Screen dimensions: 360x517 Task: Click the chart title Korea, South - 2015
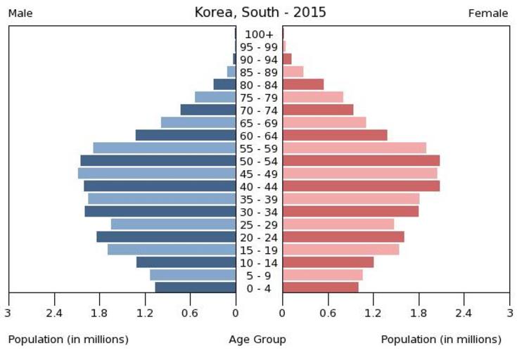pos(260,13)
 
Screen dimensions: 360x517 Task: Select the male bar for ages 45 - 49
pos(156,173)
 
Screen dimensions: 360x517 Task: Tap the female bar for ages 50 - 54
pos(361,160)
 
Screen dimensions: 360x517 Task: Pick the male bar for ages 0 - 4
pos(195,288)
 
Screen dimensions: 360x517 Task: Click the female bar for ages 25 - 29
pos(338,224)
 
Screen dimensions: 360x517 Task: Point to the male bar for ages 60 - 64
pos(185,135)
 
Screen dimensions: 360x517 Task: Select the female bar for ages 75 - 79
pos(313,97)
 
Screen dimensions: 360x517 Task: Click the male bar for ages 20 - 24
pos(166,237)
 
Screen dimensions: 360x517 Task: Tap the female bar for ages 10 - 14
pos(328,262)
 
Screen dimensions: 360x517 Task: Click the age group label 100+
pos(259,34)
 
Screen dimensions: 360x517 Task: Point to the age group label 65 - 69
pos(259,123)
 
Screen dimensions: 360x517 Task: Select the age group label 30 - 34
pos(259,212)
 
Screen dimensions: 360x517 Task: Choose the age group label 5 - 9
pos(259,276)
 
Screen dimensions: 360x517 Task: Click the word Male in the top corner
pos(20,13)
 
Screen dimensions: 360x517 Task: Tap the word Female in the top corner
pos(488,13)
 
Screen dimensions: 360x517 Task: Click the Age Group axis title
pos(257,340)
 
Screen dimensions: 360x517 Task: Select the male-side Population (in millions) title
pos(68,340)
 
